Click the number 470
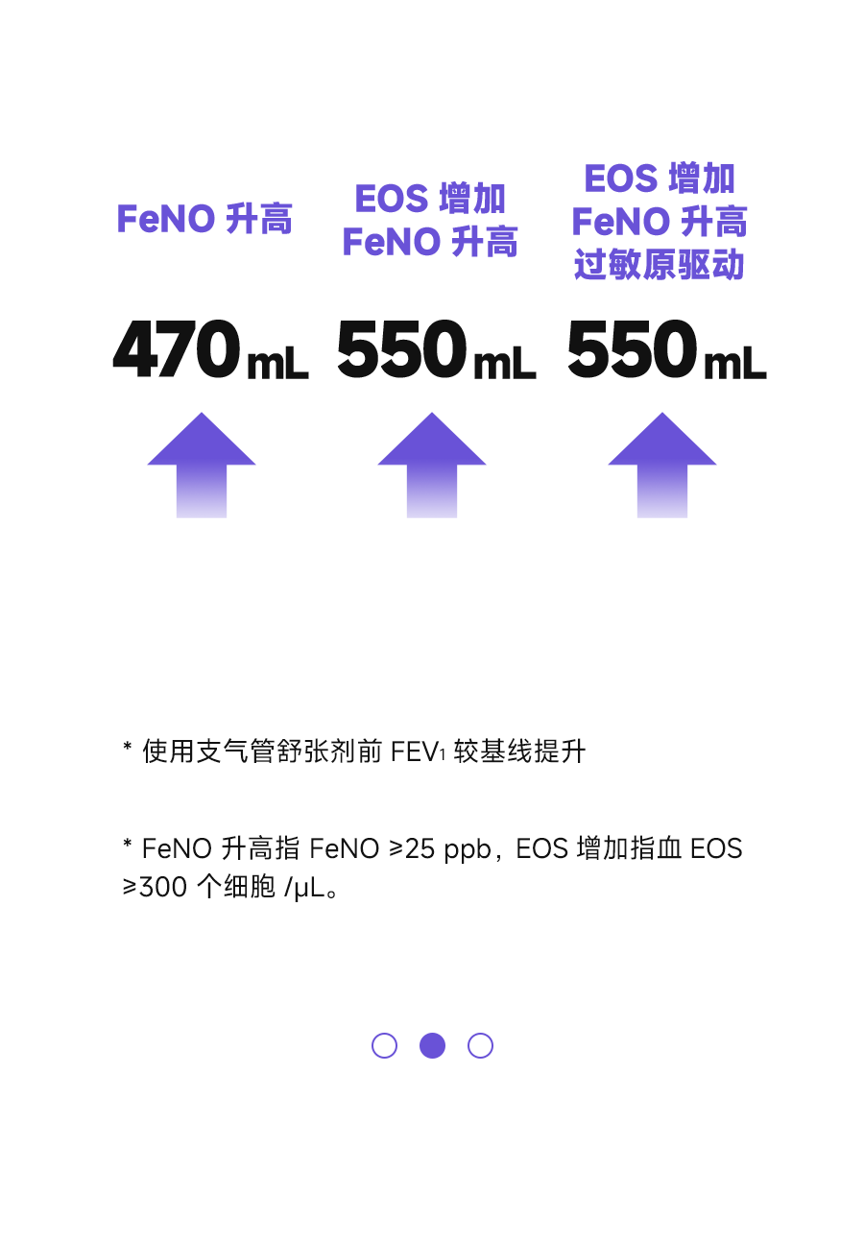177,348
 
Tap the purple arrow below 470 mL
202,465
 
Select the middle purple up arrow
432,465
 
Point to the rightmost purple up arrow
662,465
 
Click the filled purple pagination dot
433,1045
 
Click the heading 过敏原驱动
660,264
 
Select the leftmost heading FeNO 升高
204,219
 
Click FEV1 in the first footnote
418,751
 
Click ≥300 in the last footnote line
155,888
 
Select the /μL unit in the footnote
304,889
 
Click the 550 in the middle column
402,348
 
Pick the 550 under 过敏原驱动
633,348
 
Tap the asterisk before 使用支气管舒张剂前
128,747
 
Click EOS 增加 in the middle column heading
430,198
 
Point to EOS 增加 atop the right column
660,179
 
